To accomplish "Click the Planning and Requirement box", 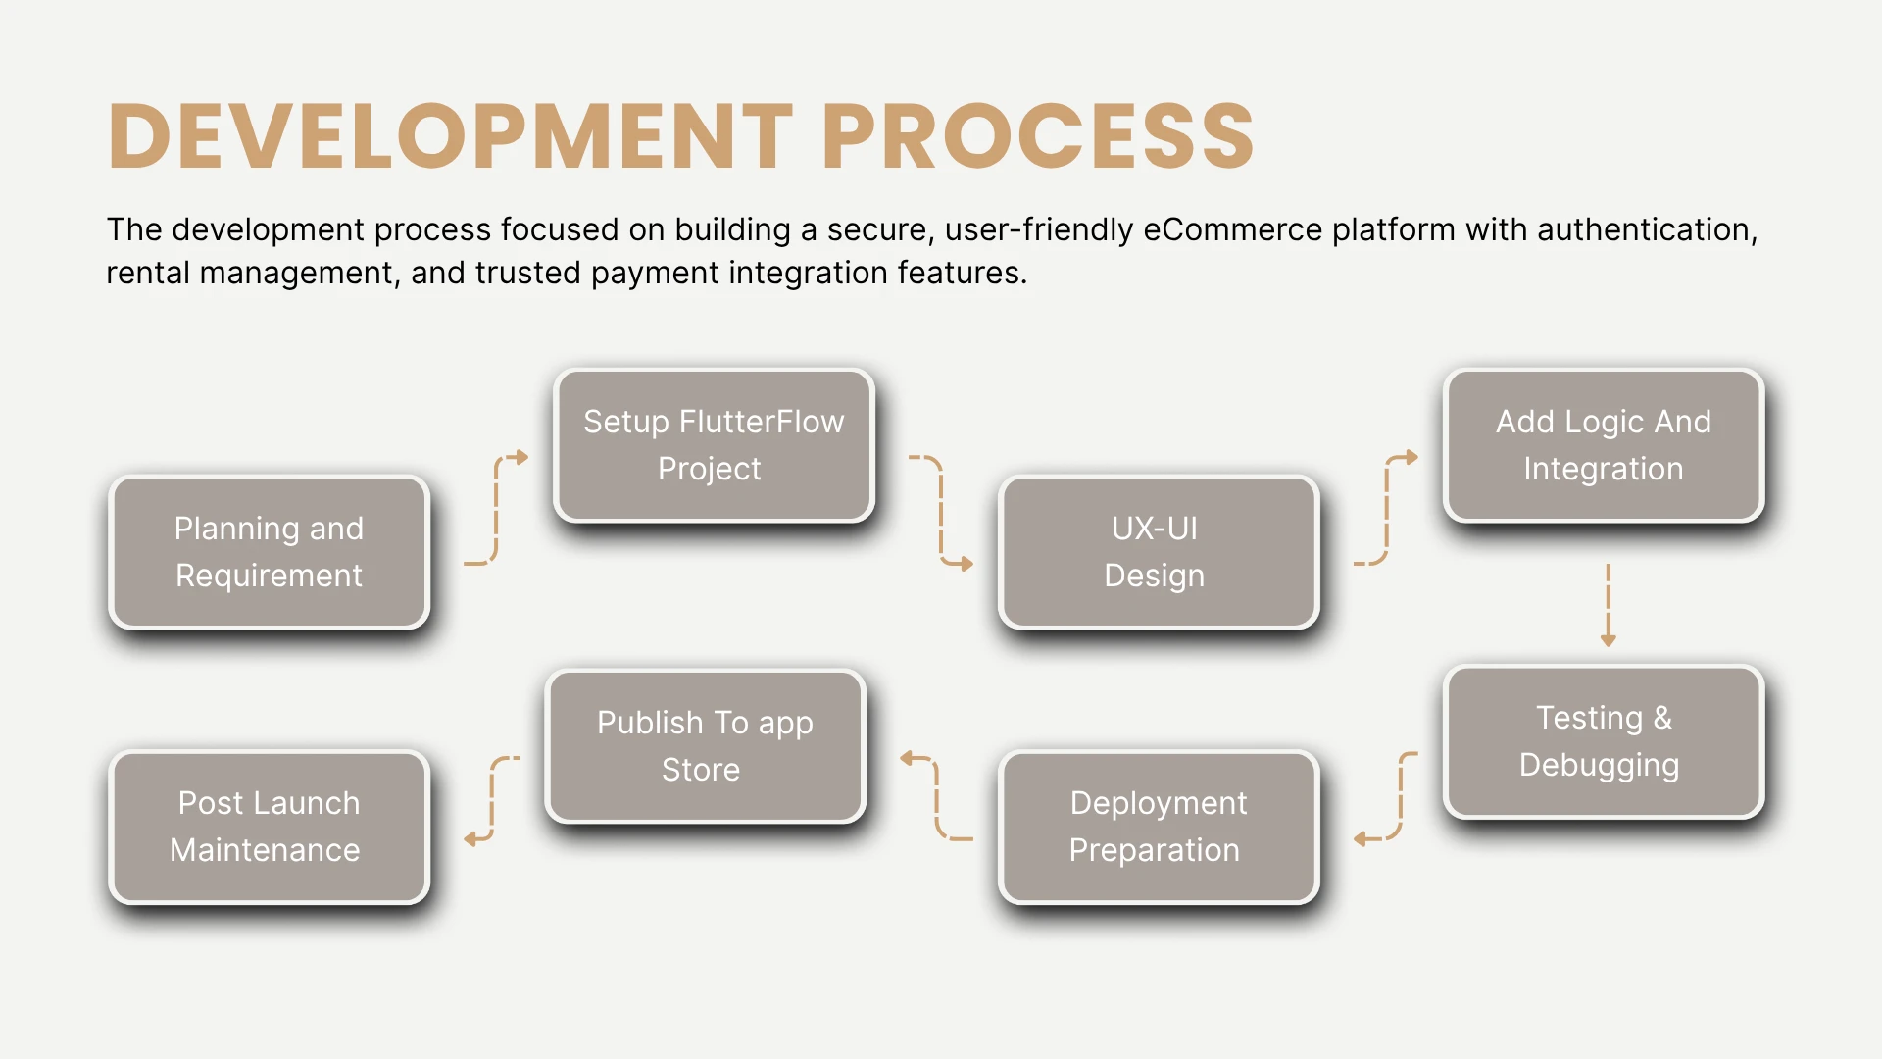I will click(269, 552).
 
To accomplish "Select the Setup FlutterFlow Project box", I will click(714, 445).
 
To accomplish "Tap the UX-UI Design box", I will click(1158, 552).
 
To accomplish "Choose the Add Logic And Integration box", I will click(1603, 445).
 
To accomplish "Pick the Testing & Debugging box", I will click(1603, 741).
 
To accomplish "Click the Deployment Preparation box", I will click(1158, 827).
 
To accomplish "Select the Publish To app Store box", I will click(705, 746).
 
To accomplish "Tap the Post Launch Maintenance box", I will click(269, 827).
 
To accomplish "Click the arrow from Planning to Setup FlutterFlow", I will click(496, 510).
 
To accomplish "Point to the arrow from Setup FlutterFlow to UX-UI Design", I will click(941, 510).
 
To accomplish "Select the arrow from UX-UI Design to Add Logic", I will click(1386, 510).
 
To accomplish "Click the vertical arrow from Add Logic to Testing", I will click(1608, 604).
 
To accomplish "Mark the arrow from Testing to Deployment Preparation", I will click(1401, 796).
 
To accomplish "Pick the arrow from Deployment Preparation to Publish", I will click(937, 796).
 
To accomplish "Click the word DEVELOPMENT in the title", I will click(451, 136).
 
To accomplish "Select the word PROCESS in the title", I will click(1038, 136).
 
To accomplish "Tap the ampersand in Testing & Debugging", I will click(1662, 718).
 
